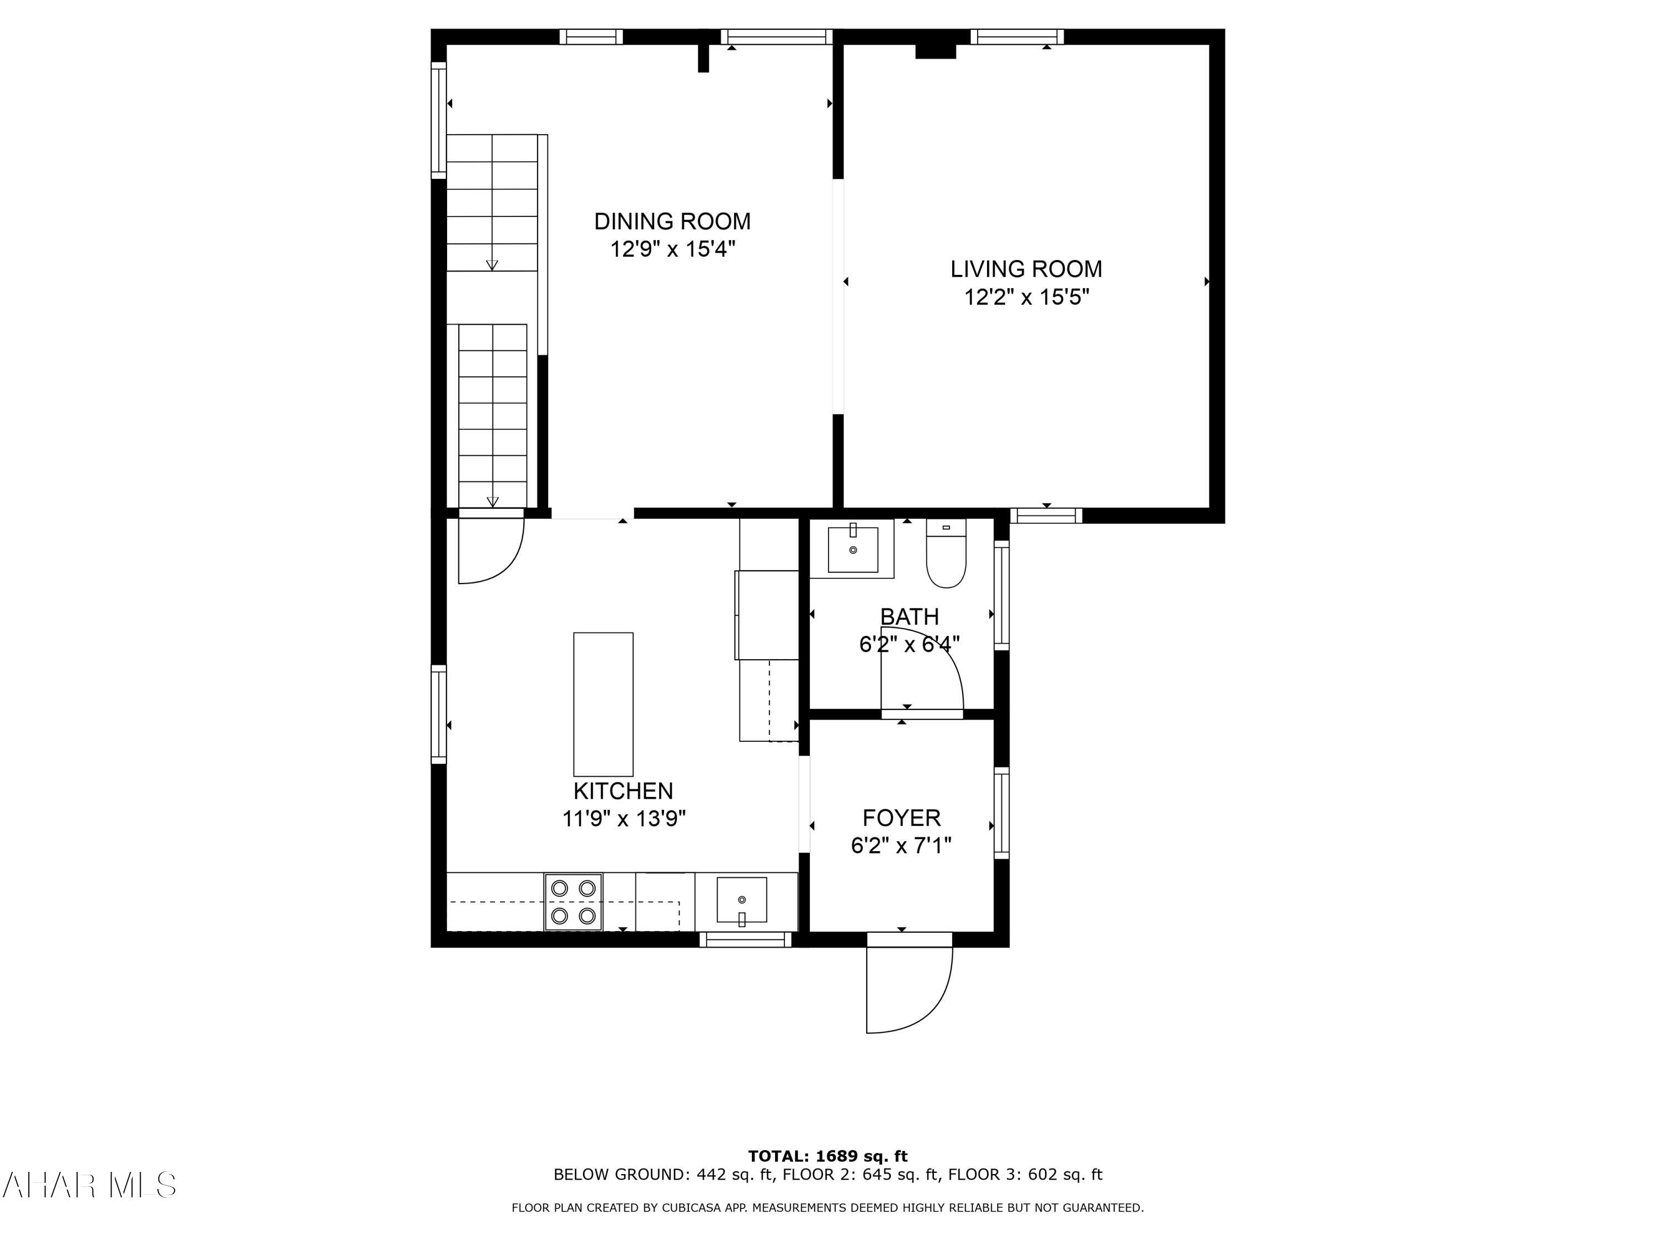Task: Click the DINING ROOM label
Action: (672, 221)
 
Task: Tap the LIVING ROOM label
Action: (1026, 269)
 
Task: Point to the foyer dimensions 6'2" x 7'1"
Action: (901, 846)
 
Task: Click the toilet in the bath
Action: (946, 555)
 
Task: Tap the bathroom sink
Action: (853, 549)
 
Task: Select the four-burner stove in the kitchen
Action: (574, 902)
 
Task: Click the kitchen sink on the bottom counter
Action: (741, 900)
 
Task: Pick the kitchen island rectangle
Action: (603, 704)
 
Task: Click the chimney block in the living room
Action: (936, 51)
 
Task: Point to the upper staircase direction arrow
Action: (492, 265)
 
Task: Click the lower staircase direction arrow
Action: (492, 502)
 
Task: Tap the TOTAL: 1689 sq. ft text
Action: (827, 1156)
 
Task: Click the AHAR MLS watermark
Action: (88, 1186)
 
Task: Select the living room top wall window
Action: (1017, 36)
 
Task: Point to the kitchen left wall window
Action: (439, 714)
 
